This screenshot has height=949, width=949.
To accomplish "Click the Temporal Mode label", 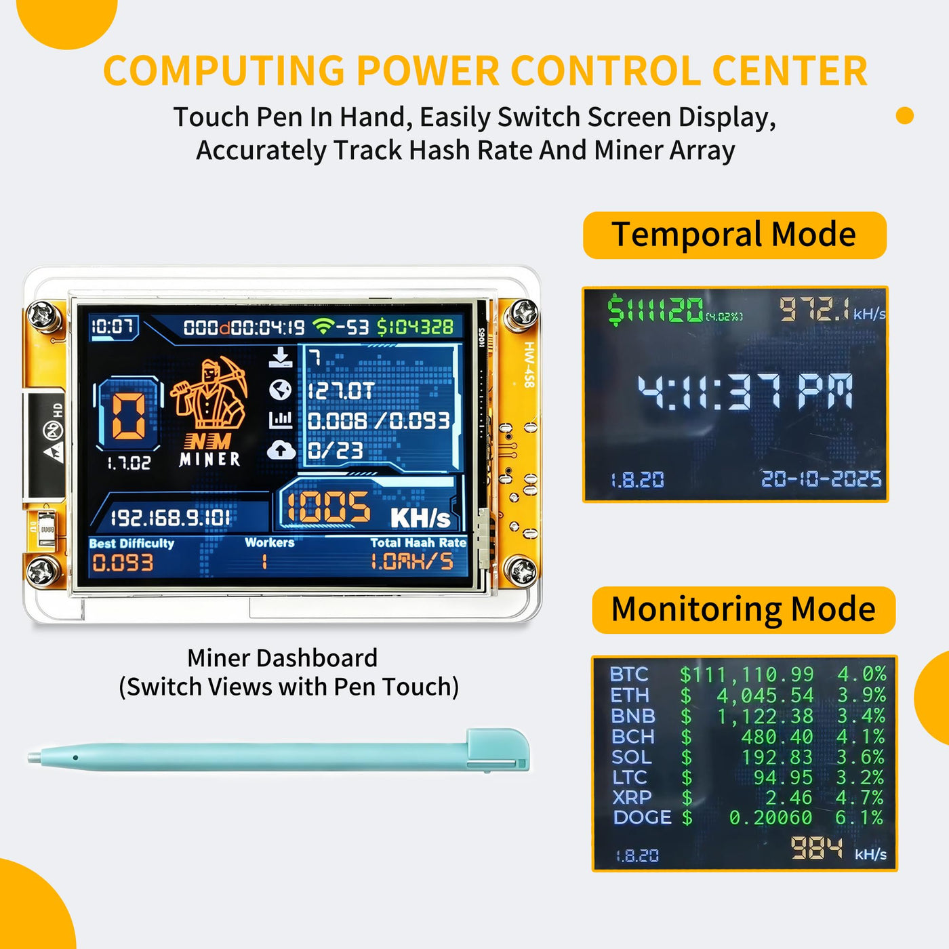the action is [x=734, y=235].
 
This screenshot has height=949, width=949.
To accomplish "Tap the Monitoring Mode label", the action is [x=743, y=609].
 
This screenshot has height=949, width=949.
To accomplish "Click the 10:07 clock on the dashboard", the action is [x=113, y=327].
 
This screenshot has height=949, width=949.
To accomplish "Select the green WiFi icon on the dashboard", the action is [x=323, y=325].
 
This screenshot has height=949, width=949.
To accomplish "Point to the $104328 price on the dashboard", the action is [x=415, y=327].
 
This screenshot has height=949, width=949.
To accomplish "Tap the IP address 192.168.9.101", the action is [x=170, y=518].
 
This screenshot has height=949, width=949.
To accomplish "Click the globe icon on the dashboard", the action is [x=280, y=390].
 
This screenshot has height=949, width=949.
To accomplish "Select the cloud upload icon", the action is [x=281, y=450].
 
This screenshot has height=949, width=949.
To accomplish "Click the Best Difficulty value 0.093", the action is [x=123, y=563].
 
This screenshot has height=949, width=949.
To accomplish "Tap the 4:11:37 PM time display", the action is [x=744, y=392].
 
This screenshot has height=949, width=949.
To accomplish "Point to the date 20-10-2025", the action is [x=821, y=479].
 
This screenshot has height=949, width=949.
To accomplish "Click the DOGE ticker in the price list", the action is [x=642, y=818].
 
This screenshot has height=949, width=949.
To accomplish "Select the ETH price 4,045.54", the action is [x=765, y=696].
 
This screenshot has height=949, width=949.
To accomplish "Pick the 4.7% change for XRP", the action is [x=860, y=797].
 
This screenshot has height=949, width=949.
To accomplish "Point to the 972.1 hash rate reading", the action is [x=815, y=310].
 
